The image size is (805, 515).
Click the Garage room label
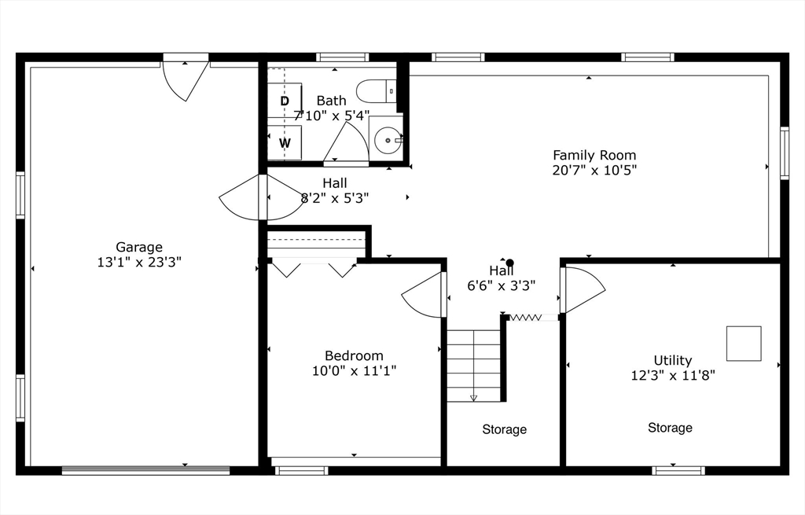tap(139, 247)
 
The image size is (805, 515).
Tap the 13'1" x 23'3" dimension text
tap(139, 262)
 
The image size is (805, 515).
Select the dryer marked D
tap(285, 101)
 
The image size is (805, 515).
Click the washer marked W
tap(285, 143)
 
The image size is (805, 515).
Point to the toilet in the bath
tap(377, 91)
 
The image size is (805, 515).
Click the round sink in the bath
tap(387, 141)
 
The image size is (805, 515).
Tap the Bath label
tap(331, 101)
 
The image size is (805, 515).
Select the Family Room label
tap(594, 155)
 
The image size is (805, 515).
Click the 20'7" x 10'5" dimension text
tap(594, 170)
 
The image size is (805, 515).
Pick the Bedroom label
tap(354, 355)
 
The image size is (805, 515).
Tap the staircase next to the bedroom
tap(473, 365)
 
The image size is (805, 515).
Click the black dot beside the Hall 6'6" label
tap(509, 263)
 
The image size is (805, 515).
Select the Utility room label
tap(673, 361)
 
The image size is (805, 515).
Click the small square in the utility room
tap(743, 344)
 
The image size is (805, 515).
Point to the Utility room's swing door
tap(582, 288)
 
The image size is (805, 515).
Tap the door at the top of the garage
tap(186, 79)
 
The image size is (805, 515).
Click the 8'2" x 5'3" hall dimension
tap(335, 198)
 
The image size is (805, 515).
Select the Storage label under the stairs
tap(504, 429)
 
